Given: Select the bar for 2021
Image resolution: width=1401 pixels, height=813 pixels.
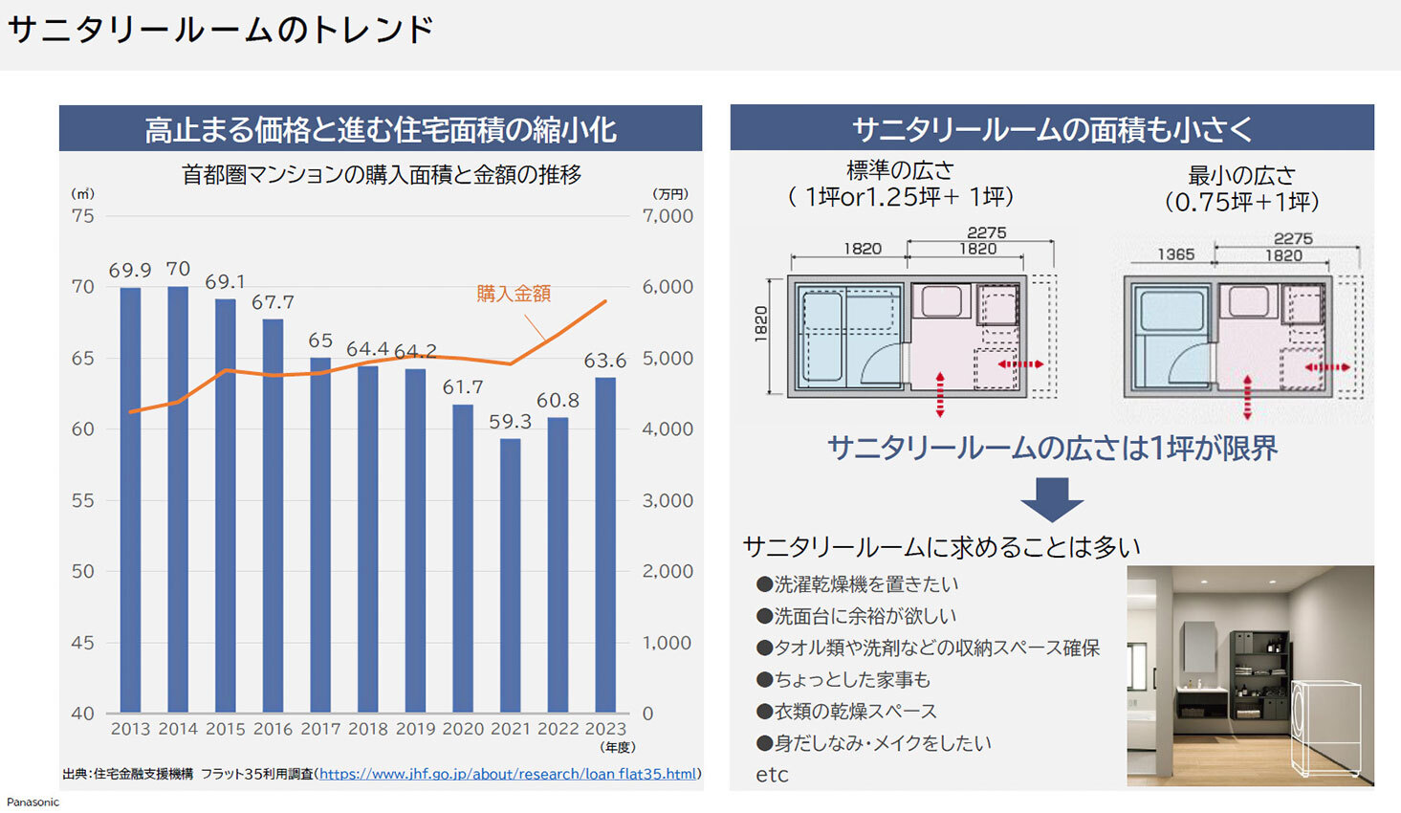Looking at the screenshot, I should (x=511, y=575).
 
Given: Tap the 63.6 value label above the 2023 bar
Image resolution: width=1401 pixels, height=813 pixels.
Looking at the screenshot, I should (x=605, y=361).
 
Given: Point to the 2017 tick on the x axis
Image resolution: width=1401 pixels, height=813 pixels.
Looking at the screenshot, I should (x=320, y=729).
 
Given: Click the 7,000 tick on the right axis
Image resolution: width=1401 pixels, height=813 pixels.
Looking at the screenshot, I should (x=668, y=216).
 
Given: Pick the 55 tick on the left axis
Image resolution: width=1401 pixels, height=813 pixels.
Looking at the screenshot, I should (x=83, y=500).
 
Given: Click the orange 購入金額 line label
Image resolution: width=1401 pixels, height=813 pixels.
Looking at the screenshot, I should (x=514, y=294).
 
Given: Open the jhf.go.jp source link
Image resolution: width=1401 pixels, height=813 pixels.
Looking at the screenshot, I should (x=508, y=774).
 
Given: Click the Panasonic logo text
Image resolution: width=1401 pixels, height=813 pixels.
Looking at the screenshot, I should (x=33, y=802).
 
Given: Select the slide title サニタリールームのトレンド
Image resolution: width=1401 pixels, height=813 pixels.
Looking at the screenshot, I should (x=221, y=31).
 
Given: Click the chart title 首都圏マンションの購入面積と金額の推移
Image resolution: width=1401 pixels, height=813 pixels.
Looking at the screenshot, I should (x=382, y=174).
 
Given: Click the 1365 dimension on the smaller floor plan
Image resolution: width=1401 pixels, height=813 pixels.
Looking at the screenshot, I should (x=1175, y=254).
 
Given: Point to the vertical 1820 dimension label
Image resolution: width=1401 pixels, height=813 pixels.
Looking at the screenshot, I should (x=761, y=323).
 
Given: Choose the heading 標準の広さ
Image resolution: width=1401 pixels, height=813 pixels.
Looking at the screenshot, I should (x=900, y=170).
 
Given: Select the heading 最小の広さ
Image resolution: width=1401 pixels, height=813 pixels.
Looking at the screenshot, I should (x=1241, y=175).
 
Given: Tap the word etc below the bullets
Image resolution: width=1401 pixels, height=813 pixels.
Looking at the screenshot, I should (x=772, y=775).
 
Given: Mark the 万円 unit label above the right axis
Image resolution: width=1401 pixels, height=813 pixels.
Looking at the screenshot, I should (x=670, y=194).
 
